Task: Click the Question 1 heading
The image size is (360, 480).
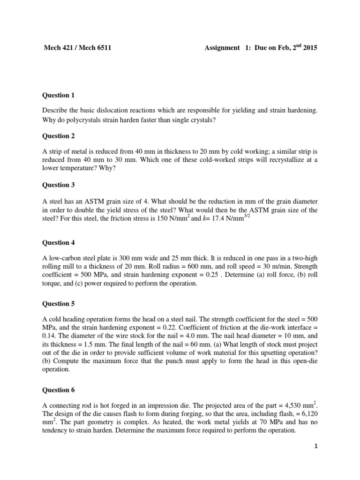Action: (59, 95)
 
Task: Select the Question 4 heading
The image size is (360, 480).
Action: (59, 242)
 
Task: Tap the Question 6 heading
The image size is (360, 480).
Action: (59, 390)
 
